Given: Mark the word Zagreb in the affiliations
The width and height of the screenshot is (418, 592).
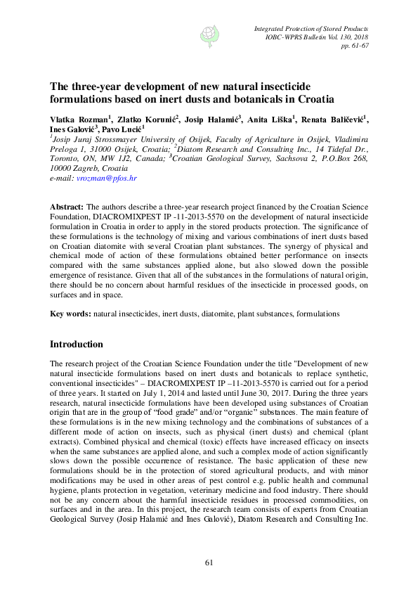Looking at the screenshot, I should coord(83,169).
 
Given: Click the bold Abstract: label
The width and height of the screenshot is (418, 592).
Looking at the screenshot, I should coord(66,208).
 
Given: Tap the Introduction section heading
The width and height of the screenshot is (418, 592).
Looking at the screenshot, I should coord(77,345).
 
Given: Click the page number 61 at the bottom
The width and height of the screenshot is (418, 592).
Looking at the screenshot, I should coord(209,562).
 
